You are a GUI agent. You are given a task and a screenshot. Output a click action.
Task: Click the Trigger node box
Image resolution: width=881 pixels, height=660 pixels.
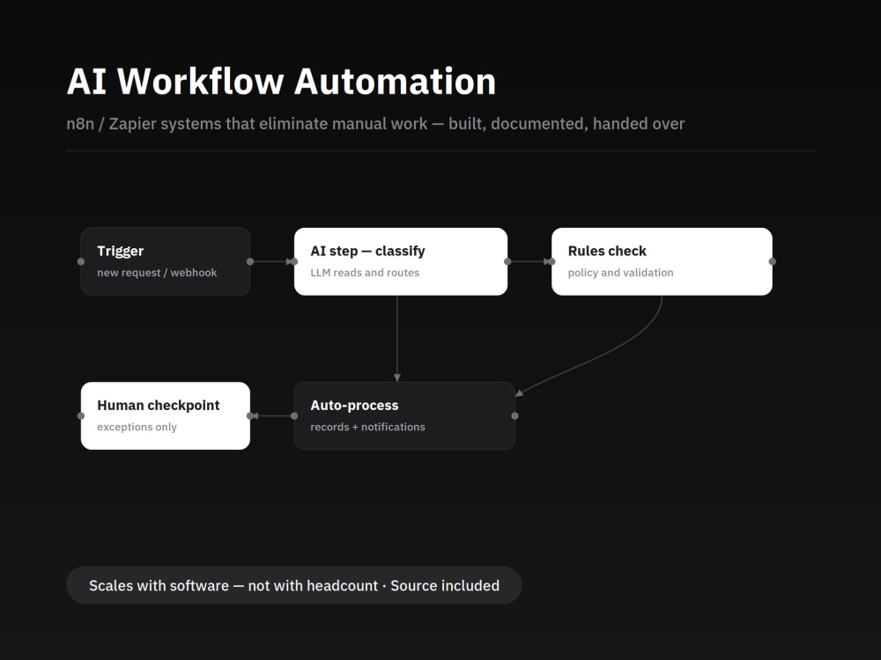(x=166, y=261)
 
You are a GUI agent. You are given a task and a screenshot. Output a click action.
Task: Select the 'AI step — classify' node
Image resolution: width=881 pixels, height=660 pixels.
(x=401, y=261)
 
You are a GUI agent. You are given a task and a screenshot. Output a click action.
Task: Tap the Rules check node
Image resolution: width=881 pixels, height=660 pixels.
(x=662, y=261)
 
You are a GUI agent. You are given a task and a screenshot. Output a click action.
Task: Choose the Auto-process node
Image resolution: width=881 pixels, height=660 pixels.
(x=404, y=416)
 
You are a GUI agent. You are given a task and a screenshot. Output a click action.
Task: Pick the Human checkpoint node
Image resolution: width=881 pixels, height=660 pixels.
(x=166, y=416)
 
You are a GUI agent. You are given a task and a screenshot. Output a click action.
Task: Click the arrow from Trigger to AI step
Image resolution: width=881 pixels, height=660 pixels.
(x=272, y=261)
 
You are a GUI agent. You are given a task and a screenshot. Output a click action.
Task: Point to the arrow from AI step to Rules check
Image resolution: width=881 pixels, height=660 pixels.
(x=529, y=261)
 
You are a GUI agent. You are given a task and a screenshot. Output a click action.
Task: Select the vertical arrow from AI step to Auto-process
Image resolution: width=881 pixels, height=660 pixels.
(x=397, y=339)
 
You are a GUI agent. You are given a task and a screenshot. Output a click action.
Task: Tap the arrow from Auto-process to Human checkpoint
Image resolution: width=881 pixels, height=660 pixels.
(x=272, y=416)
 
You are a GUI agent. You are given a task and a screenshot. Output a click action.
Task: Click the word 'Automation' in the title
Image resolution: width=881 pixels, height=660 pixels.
(x=395, y=81)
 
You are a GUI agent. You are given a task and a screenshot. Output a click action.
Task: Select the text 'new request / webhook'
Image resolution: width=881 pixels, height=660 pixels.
(x=157, y=273)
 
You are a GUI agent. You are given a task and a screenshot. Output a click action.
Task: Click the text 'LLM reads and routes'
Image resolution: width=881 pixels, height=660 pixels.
(x=365, y=273)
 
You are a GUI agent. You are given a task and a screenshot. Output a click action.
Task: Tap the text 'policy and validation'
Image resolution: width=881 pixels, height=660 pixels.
(x=620, y=273)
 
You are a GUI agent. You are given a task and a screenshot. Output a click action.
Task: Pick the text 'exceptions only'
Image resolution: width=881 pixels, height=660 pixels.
(x=137, y=427)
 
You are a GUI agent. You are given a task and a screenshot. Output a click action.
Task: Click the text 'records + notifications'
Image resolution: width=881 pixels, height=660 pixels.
(x=367, y=427)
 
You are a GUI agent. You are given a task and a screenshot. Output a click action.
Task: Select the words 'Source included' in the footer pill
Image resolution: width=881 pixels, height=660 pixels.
(x=445, y=585)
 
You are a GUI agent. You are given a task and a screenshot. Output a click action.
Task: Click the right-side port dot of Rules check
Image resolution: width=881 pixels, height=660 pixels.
(x=773, y=261)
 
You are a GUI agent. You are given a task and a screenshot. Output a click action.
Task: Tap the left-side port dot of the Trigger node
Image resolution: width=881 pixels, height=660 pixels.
(x=81, y=261)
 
